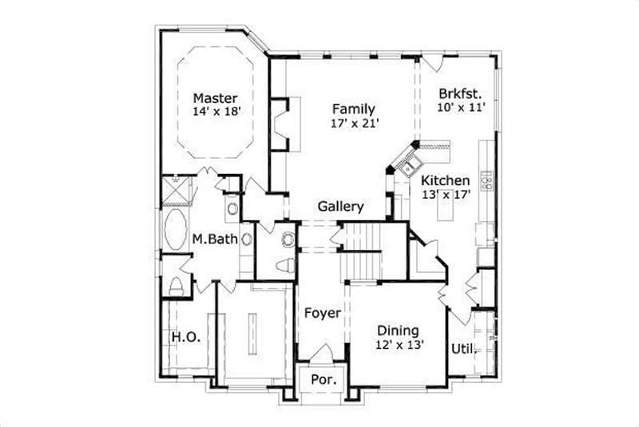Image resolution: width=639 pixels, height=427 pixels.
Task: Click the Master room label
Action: (x=215, y=98)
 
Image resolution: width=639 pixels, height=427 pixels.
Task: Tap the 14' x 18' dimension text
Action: (x=216, y=113)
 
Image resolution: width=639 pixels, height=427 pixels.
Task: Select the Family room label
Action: (x=354, y=109)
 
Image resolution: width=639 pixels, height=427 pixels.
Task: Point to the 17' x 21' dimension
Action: (x=354, y=124)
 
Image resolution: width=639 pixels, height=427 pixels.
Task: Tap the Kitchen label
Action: (x=446, y=180)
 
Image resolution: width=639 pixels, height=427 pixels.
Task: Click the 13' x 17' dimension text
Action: (x=446, y=194)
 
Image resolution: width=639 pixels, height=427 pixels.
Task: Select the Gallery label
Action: (x=341, y=206)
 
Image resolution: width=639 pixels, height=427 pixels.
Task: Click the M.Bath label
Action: (x=215, y=238)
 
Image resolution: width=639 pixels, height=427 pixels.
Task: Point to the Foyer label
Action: (x=322, y=313)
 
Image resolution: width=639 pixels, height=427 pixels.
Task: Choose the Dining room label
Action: (x=398, y=330)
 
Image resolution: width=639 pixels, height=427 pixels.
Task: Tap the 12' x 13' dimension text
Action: (x=398, y=345)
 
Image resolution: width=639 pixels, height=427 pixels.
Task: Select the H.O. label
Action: (x=185, y=338)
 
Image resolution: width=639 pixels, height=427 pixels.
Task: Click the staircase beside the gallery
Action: (x=363, y=250)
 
